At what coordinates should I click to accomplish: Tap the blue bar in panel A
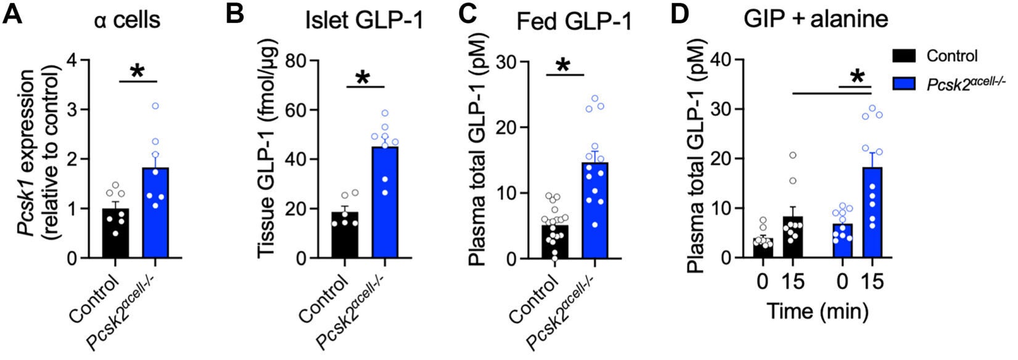[155, 213]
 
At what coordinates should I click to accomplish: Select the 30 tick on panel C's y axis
[507, 61]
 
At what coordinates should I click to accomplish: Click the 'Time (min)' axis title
[817, 311]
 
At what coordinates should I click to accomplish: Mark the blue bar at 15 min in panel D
[872, 213]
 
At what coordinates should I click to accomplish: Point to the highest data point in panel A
[155, 106]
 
